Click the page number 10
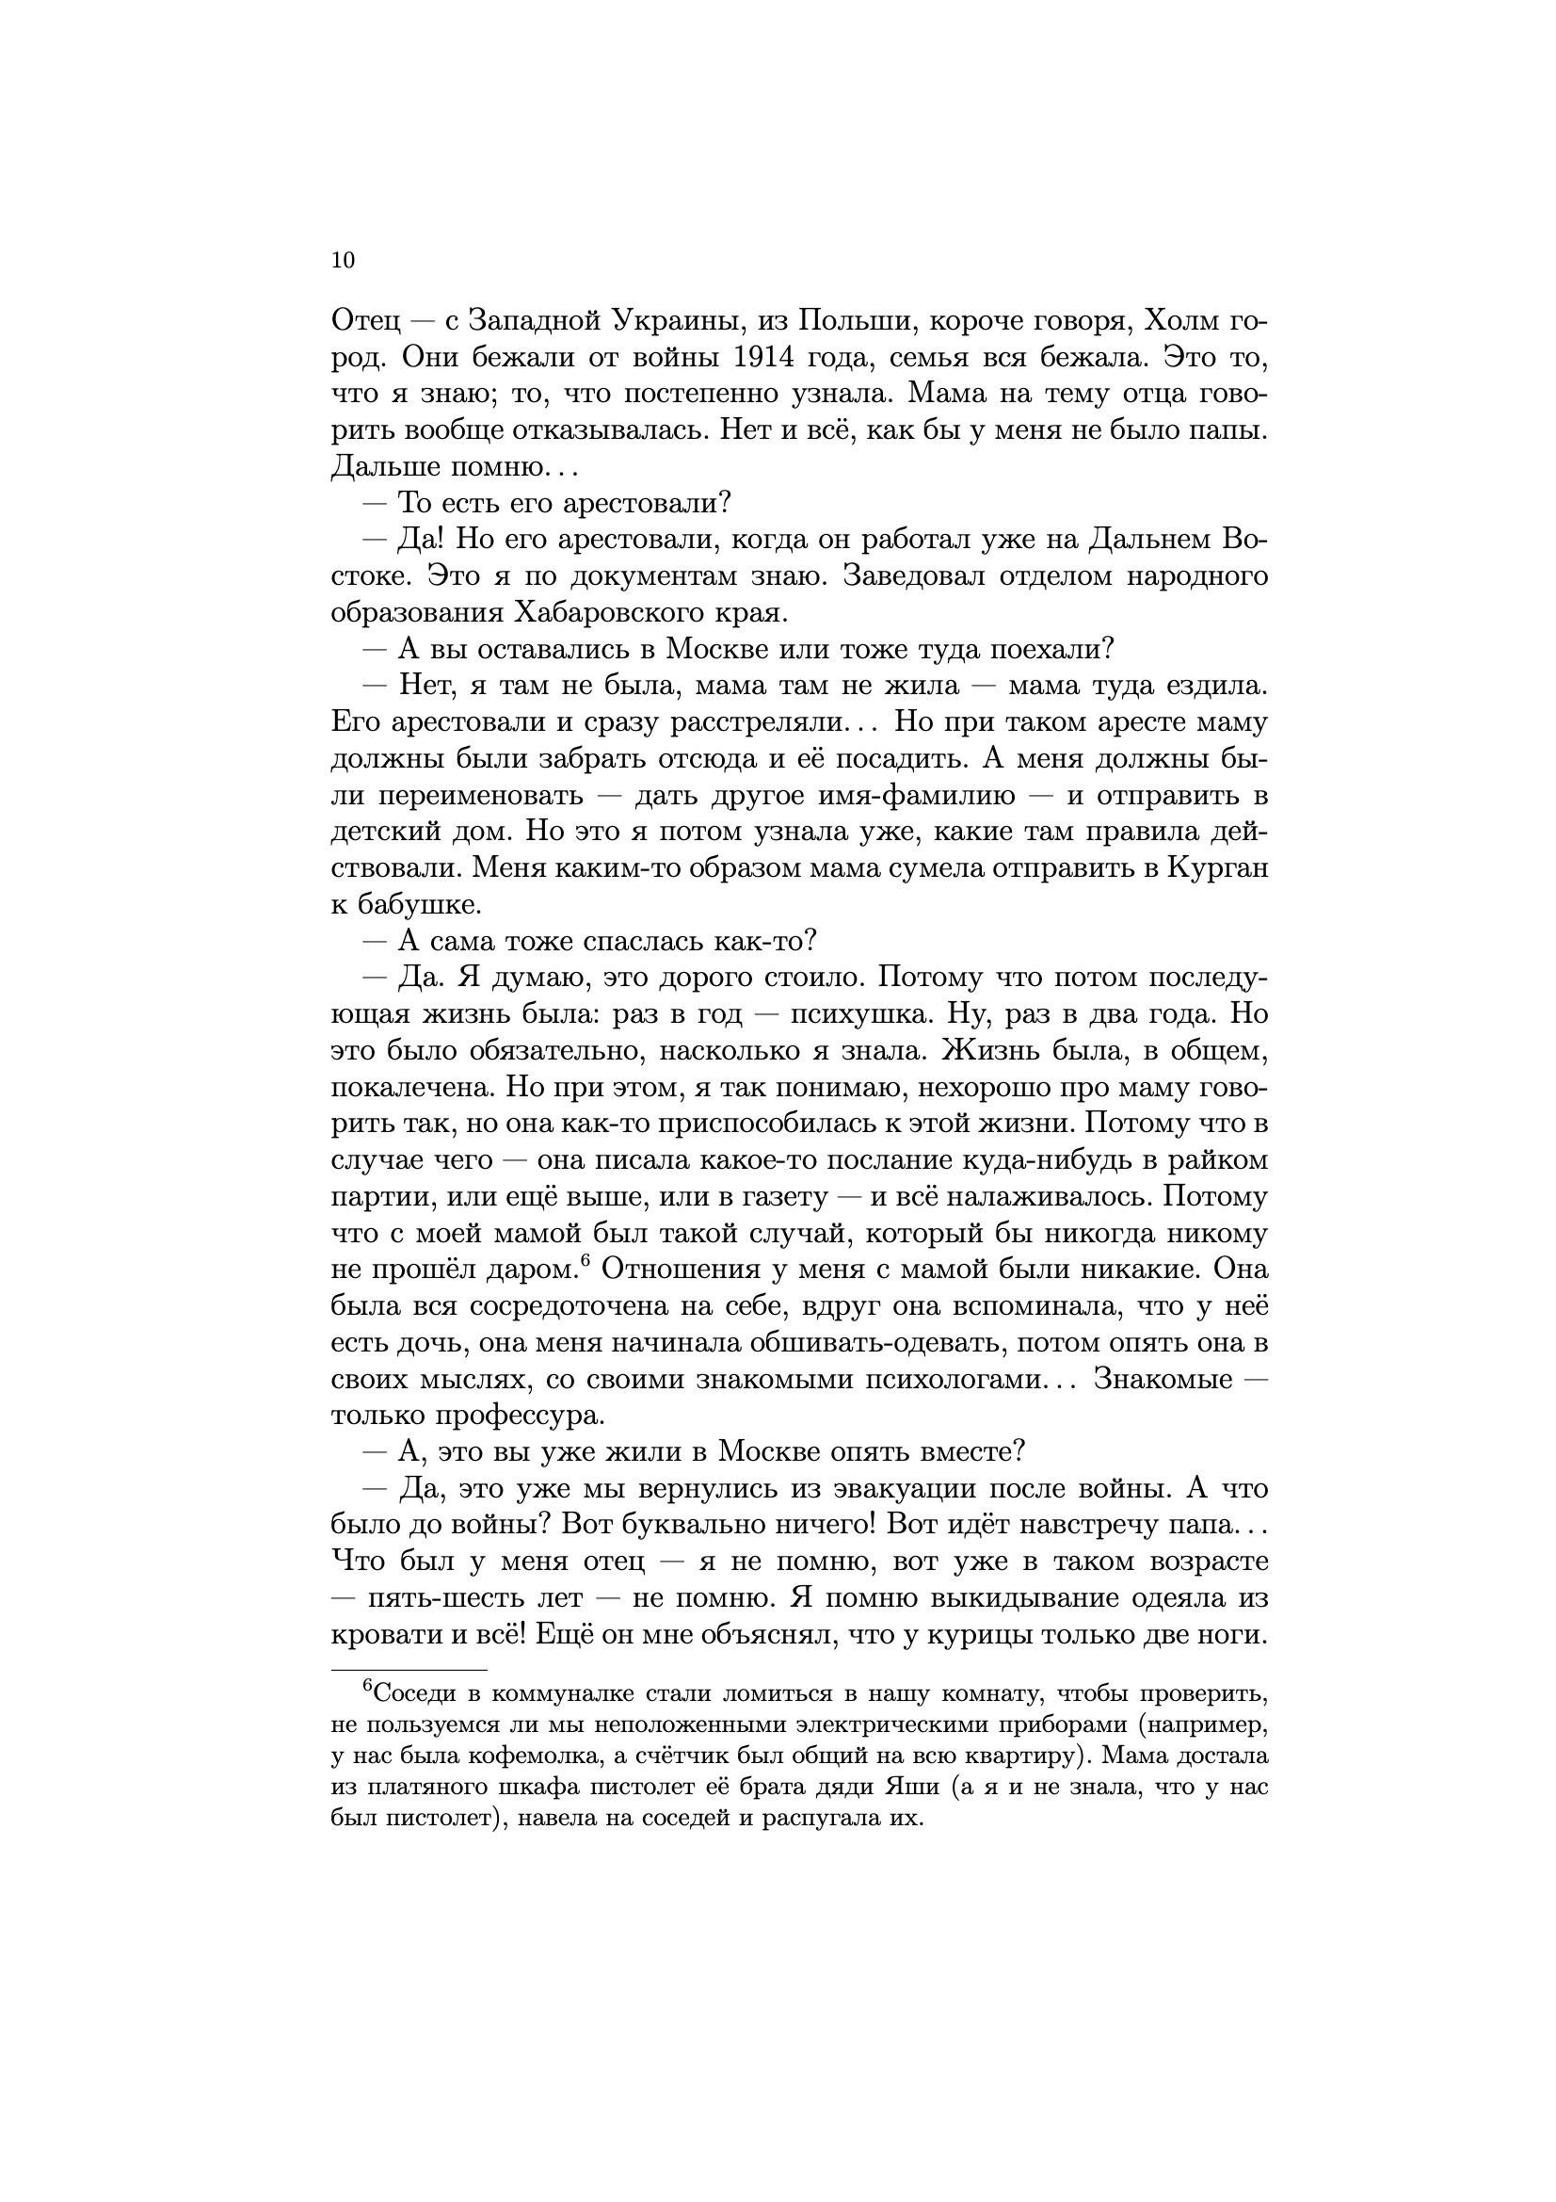click(343, 260)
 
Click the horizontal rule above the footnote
click(409, 1670)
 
